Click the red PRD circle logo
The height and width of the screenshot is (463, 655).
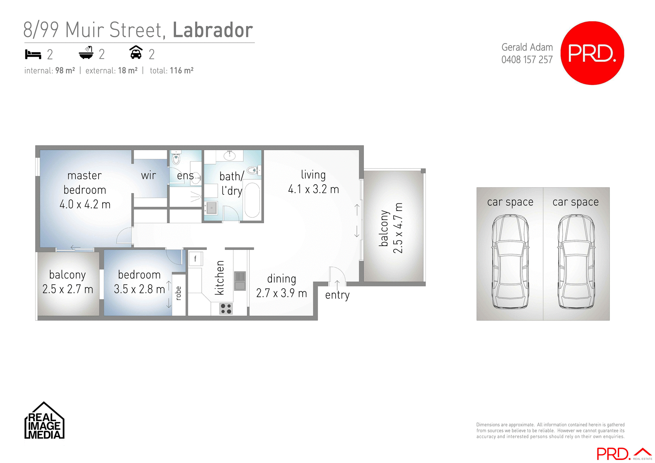(592, 53)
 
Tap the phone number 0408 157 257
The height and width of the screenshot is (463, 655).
(527, 60)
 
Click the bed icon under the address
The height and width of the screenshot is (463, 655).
(33, 54)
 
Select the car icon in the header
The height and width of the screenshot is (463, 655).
(136, 53)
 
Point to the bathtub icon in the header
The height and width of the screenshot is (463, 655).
(86, 53)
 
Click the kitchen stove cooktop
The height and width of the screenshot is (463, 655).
(226, 308)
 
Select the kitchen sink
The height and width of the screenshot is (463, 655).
(240, 280)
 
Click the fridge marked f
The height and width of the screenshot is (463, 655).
(195, 259)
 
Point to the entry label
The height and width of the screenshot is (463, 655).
(337, 295)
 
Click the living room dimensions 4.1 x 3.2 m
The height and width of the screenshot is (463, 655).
(313, 189)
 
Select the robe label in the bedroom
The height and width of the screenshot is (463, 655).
(178, 293)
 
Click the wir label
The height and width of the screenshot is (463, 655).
(148, 175)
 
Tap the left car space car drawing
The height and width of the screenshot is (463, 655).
(510, 262)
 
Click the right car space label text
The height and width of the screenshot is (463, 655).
(576, 202)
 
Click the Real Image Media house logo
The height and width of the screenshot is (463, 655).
(44, 421)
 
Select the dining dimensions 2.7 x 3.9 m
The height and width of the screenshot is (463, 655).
(281, 293)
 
